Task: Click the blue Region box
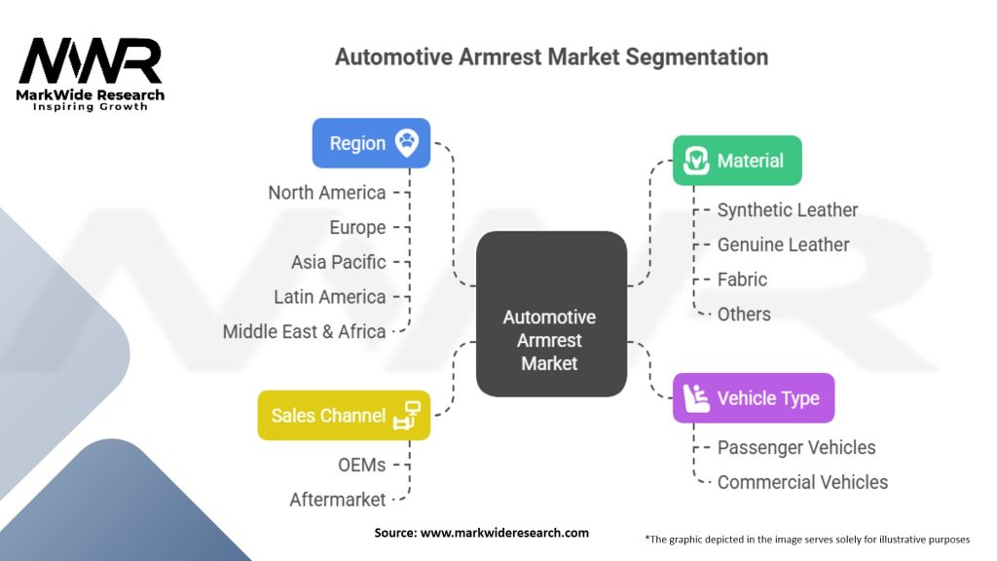click(x=371, y=143)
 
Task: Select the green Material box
click(x=737, y=161)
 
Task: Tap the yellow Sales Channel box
click(x=344, y=415)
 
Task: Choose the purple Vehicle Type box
click(x=754, y=398)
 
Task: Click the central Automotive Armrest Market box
click(x=551, y=315)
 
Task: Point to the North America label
click(x=327, y=193)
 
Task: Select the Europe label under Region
click(x=357, y=228)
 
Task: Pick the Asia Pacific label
click(x=338, y=262)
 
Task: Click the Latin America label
click(x=329, y=297)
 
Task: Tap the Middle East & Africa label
click(x=304, y=331)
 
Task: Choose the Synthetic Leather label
click(x=787, y=210)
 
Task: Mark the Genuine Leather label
click(x=783, y=244)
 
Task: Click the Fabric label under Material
click(x=742, y=280)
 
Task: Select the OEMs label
click(x=362, y=465)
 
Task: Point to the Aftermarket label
click(x=338, y=500)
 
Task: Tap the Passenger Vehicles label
click(x=796, y=448)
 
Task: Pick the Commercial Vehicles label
click(x=802, y=482)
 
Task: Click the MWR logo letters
click(x=91, y=60)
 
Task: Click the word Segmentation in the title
click(x=697, y=57)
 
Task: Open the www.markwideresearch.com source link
click(x=504, y=533)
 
